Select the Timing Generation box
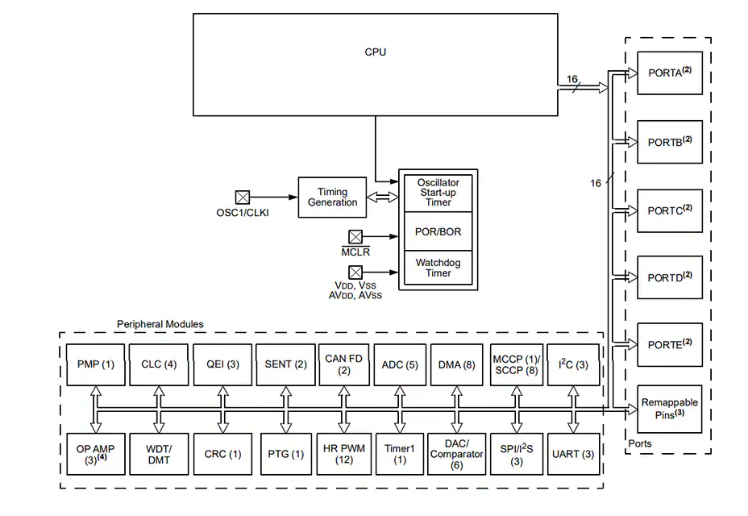click(332, 197)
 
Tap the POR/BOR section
click(438, 232)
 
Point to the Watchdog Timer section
click(438, 268)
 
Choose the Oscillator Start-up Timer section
click(438, 193)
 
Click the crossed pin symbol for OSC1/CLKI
click(242, 197)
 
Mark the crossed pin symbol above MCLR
click(355, 237)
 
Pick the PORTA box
click(669, 73)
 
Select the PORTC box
click(669, 210)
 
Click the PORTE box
click(669, 345)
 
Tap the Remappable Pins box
click(669, 408)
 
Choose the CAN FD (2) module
click(343, 364)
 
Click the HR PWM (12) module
click(343, 454)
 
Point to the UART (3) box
click(573, 454)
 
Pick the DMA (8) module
click(457, 364)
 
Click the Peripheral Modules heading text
click(160, 324)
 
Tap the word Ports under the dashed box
click(639, 443)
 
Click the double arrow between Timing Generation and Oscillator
click(383, 197)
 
